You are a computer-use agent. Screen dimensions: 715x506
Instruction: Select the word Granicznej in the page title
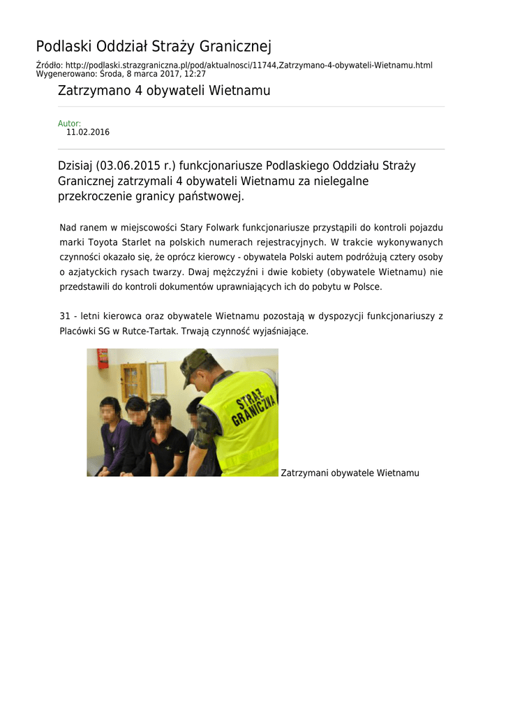235,47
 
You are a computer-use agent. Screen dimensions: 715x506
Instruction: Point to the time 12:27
195,73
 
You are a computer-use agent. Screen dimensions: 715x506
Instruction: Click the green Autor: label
69,124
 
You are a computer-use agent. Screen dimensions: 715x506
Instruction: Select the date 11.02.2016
88,132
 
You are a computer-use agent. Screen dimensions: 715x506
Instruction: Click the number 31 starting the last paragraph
65,316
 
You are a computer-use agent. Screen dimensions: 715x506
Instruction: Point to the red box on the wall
103,358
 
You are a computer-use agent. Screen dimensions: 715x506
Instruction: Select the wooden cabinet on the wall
133,381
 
